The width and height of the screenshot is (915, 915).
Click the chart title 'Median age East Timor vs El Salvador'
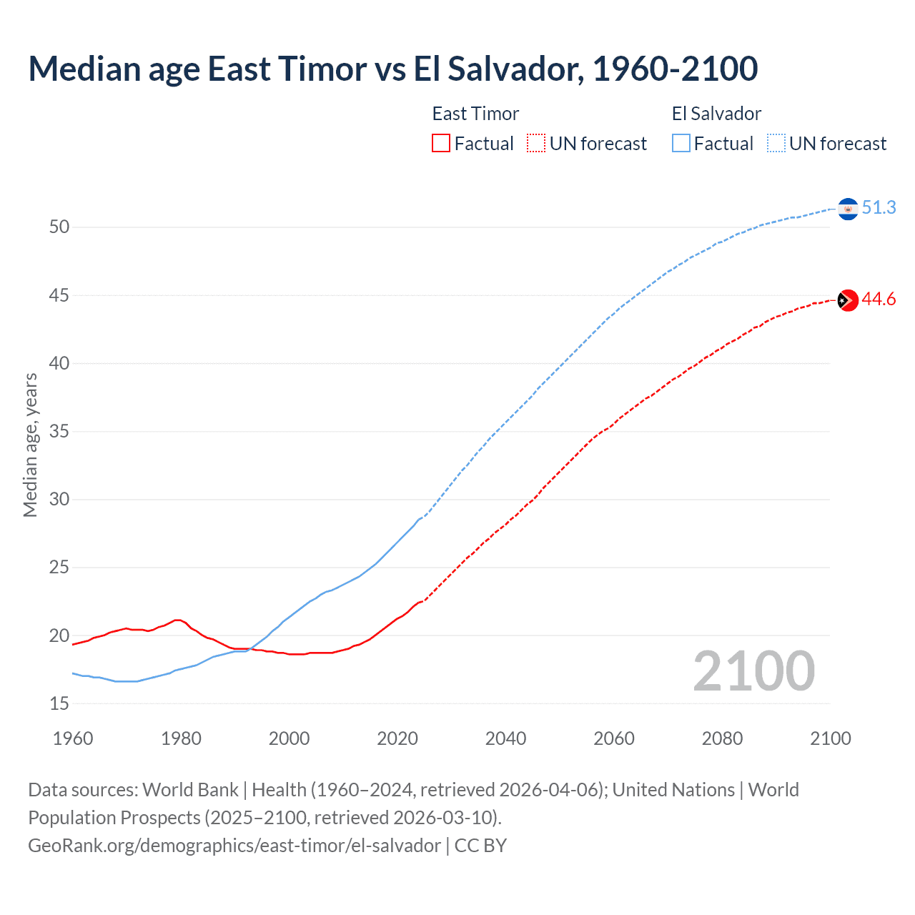[392, 69]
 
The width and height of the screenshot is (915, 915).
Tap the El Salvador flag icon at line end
[848, 209]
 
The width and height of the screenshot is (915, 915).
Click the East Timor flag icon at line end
[848, 300]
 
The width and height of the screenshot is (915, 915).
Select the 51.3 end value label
[879, 208]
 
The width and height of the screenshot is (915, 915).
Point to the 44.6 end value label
[879, 300]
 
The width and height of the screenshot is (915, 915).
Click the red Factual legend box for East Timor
[441, 144]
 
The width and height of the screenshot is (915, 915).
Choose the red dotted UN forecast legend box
[536, 144]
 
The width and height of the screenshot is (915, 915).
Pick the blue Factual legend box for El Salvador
[681, 144]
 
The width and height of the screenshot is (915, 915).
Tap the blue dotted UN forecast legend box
[776, 144]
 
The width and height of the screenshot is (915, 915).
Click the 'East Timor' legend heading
[475, 114]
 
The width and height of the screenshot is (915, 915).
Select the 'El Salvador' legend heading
[716, 114]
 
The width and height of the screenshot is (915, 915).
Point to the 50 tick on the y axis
[59, 227]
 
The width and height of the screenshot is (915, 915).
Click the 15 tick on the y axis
[59, 704]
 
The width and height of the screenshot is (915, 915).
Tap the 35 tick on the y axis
[59, 432]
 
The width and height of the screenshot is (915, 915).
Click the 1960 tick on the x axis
[73, 738]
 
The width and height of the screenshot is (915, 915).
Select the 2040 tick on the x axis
[505, 738]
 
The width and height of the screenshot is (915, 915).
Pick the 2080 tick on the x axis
[722, 738]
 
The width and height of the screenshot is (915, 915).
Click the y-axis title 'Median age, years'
[30, 445]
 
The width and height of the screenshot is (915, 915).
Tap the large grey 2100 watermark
[753, 671]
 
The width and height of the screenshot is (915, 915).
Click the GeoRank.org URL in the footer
[234, 846]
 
